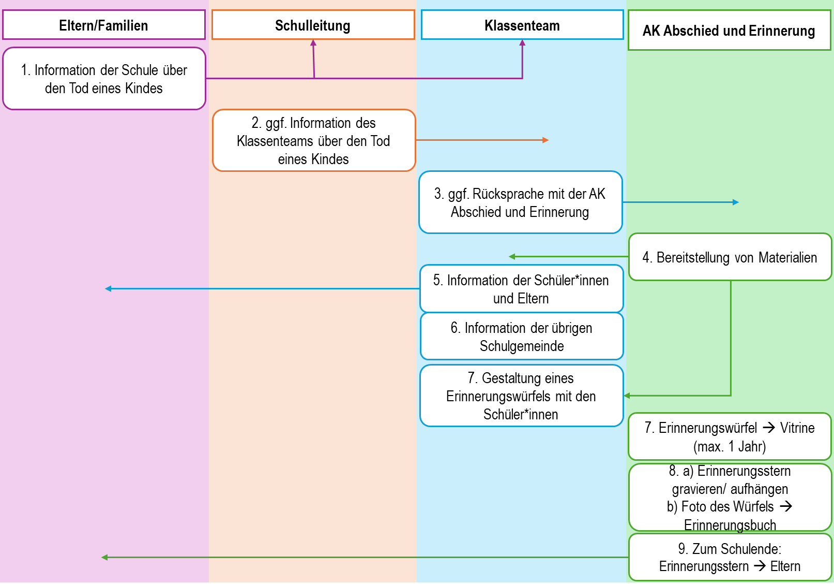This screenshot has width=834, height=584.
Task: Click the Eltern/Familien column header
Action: [104, 25]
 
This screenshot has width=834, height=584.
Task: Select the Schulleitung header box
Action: [313, 25]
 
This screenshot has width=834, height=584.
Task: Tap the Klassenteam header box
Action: [522, 25]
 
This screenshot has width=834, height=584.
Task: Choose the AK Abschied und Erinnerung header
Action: [729, 31]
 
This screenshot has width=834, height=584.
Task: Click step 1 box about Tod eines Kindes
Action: [104, 79]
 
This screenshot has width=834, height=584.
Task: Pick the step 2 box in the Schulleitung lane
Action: [314, 140]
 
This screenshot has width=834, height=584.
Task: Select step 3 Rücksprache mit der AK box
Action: [520, 202]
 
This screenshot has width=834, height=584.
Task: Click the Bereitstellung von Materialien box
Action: [730, 257]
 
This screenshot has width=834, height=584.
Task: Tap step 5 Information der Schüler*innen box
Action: [521, 289]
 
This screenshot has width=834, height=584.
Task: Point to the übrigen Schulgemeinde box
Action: [521, 337]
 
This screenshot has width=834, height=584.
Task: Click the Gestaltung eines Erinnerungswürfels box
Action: [521, 396]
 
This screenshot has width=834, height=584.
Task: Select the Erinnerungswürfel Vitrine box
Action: [730, 436]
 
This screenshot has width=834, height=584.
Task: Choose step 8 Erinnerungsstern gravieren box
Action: [730, 498]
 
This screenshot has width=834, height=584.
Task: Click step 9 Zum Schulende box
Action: [730, 557]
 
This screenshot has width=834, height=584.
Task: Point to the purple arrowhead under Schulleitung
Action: [313, 43]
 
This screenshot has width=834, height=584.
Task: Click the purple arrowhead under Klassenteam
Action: [522, 43]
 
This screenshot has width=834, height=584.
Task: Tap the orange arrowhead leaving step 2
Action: [545, 140]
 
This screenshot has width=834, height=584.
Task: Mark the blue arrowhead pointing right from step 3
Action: [736, 202]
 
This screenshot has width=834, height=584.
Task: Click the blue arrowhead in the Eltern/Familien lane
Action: [108, 288]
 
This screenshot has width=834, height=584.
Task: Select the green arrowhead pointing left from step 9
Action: [104, 558]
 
